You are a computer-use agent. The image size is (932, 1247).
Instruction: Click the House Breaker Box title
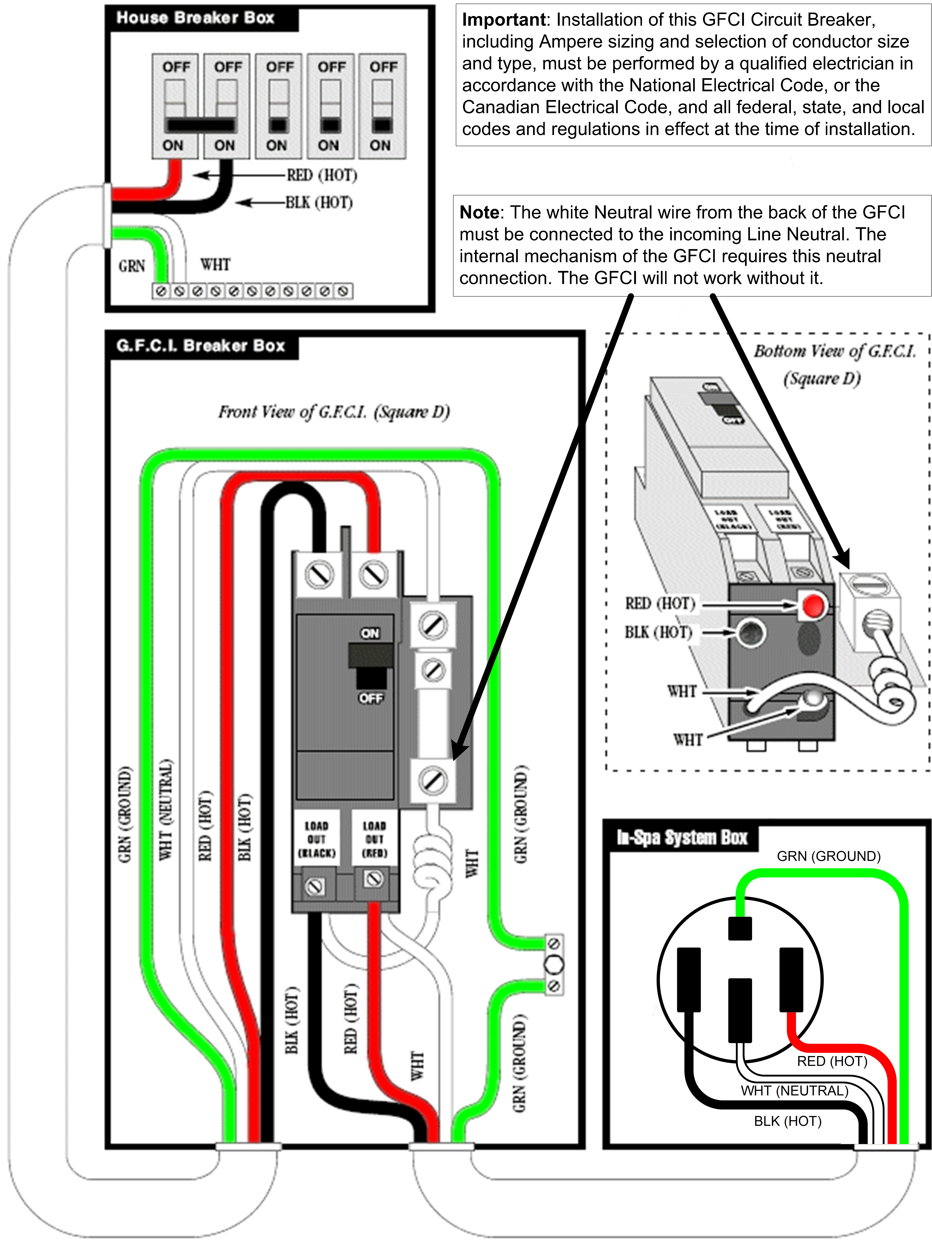point(195,18)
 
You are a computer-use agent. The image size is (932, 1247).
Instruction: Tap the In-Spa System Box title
point(682,838)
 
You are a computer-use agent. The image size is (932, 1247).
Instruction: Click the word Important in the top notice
point(503,20)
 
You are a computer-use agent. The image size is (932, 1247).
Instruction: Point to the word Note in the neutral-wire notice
point(479,212)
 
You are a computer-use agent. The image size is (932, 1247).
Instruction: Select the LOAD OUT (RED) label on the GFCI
point(374,839)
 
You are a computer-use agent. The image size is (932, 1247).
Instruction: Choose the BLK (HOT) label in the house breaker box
point(319,202)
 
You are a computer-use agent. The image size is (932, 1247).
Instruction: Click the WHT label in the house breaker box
point(215,264)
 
